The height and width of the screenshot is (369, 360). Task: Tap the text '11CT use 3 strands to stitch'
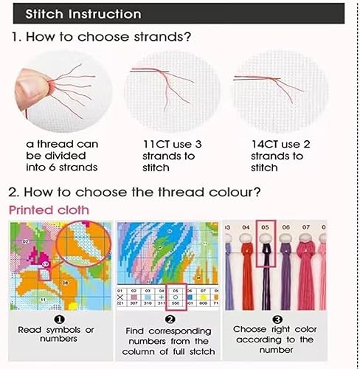[x=170, y=156]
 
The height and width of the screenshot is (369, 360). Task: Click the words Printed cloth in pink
[x=49, y=210]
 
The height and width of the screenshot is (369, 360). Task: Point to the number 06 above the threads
[x=284, y=227]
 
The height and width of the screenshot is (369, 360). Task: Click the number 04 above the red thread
[x=246, y=227]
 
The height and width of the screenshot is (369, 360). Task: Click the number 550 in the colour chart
[x=176, y=303]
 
